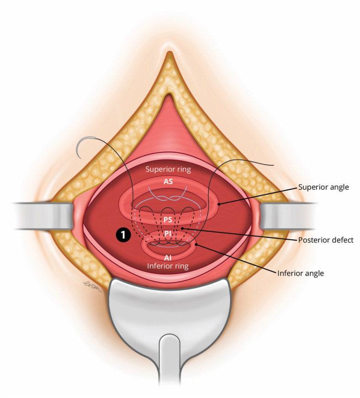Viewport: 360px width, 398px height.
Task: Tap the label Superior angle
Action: click(323, 188)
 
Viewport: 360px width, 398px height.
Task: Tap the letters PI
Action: click(168, 234)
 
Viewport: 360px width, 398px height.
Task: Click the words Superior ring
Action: click(168, 169)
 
